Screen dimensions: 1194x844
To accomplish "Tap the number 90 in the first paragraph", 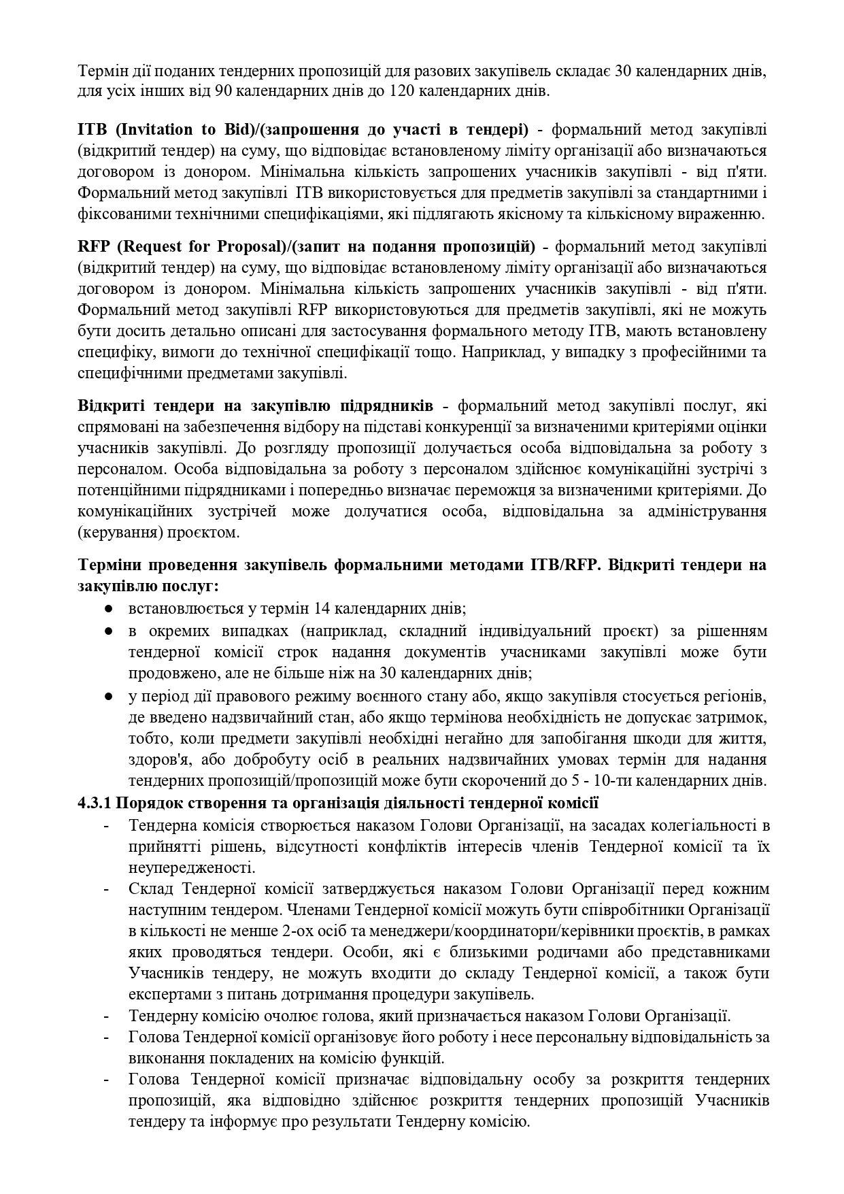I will pyautogui.click(x=224, y=91).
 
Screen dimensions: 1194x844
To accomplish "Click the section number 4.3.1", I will pyautogui.click(x=95, y=803).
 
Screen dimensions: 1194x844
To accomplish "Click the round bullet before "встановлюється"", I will pyautogui.click(x=108, y=608).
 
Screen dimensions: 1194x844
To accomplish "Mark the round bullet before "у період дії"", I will pyautogui.click(x=108, y=697).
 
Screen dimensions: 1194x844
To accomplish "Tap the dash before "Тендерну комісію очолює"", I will pyautogui.click(x=107, y=1016).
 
